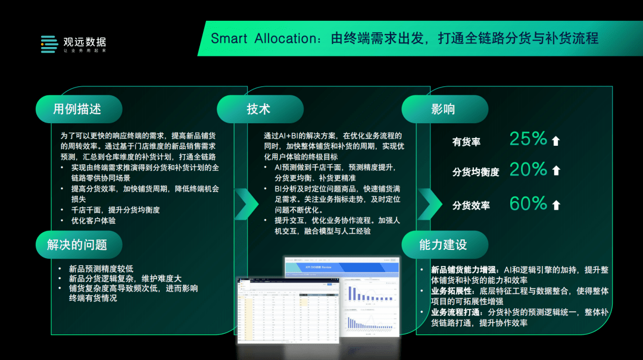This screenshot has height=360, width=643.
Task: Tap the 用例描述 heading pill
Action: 78,109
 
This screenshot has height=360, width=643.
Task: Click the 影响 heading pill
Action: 444,109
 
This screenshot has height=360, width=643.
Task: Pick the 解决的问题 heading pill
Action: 78,244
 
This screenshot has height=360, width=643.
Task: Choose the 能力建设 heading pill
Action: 444,244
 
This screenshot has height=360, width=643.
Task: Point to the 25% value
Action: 528,139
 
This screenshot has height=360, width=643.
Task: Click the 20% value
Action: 528,170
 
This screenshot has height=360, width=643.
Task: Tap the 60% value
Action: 528,204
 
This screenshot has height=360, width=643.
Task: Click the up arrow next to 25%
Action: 556,141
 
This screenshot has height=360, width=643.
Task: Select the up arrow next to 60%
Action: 556,205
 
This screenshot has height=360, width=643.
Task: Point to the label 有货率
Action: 466,142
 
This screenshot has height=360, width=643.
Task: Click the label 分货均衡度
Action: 475,172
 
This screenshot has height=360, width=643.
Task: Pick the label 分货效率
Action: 470,205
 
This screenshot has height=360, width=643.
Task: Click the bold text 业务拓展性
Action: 452,291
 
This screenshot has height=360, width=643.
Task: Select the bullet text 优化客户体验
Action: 93,221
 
